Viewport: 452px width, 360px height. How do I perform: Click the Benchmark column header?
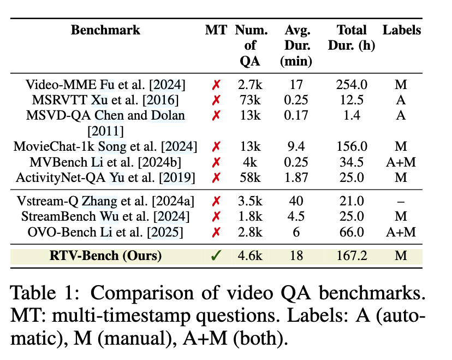coord(105,30)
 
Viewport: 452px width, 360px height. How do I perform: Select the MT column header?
coord(216,30)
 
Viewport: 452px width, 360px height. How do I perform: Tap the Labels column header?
coord(402,30)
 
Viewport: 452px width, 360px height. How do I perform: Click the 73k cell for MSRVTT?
coord(250,100)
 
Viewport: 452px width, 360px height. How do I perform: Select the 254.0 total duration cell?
coord(352,85)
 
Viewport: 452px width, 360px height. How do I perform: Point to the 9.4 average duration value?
coord(296,146)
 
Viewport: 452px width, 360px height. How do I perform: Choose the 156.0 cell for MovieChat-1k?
coord(352,146)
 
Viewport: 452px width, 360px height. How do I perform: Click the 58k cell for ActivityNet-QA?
coord(250,177)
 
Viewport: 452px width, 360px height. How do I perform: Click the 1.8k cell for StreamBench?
coord(250,216)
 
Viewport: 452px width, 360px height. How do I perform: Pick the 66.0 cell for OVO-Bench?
coord(352,232)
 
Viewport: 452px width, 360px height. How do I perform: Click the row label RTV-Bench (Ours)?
coord(105,256)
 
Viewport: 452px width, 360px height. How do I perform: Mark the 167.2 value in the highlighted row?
coord(352,255)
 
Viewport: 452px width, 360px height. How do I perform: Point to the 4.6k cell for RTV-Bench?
coord(250,255)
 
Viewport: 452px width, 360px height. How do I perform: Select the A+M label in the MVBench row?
coord(401,162)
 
